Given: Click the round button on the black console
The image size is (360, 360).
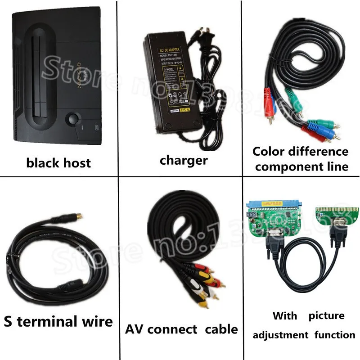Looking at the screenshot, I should pyautogui.click(x=71, y=120).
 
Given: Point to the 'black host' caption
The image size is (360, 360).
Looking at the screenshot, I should pyautogui.click(x=58, y=162).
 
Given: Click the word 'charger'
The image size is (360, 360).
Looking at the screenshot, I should pyautogui.click(x=184, y=160).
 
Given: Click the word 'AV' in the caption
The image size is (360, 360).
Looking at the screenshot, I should pyautogui.click(x=135, y=329).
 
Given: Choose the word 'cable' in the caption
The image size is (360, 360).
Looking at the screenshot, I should pyautogui.click(x=221, y=329).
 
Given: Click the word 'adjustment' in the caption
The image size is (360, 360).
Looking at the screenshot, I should pyautogui.click(x=280, y=335).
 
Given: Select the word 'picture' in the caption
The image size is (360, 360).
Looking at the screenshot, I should pyautogui.click(x=326, y=316).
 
